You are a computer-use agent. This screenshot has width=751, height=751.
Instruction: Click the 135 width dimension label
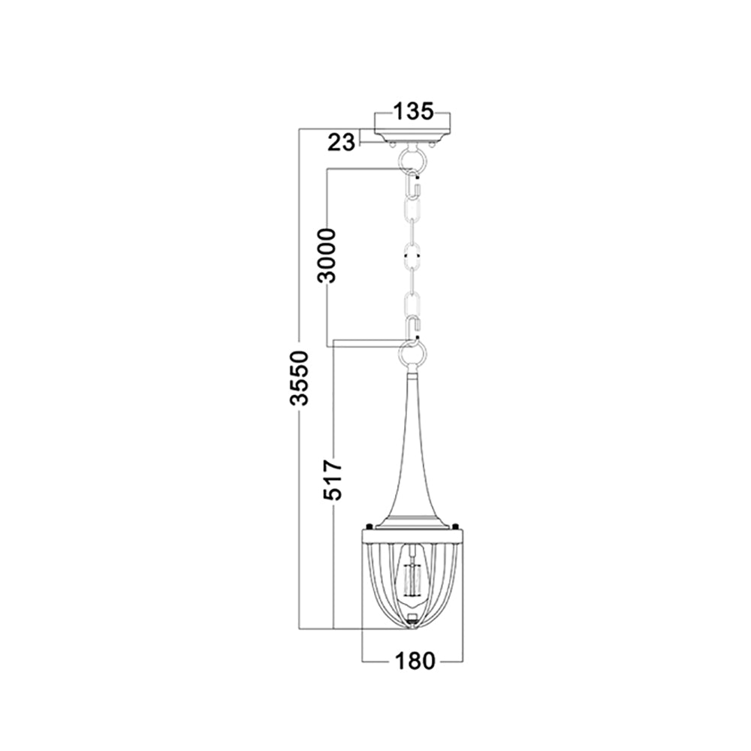413,111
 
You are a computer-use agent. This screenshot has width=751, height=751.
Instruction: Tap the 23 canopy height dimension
342,142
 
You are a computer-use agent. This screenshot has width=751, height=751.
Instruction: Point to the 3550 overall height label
300,378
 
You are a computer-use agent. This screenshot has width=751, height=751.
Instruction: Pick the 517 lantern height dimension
332,480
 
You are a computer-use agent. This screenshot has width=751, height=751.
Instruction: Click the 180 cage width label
415,661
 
